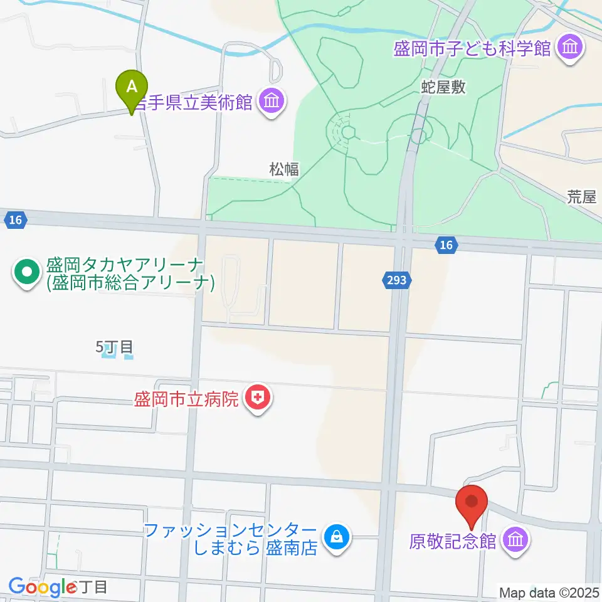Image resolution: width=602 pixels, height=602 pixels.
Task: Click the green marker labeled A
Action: [132, 88]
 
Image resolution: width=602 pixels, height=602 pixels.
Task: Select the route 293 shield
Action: [397, 282]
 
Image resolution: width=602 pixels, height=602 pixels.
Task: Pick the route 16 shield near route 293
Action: [446, 245]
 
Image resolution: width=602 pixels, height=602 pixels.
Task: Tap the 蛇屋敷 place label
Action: [443, 87]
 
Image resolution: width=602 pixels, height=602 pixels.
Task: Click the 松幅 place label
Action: [284, 169]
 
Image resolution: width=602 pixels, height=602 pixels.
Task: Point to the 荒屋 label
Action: [581, 198]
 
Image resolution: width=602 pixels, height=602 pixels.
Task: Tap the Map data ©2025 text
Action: [549, 592]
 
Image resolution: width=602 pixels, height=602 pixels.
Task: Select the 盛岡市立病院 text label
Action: [187, 399]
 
